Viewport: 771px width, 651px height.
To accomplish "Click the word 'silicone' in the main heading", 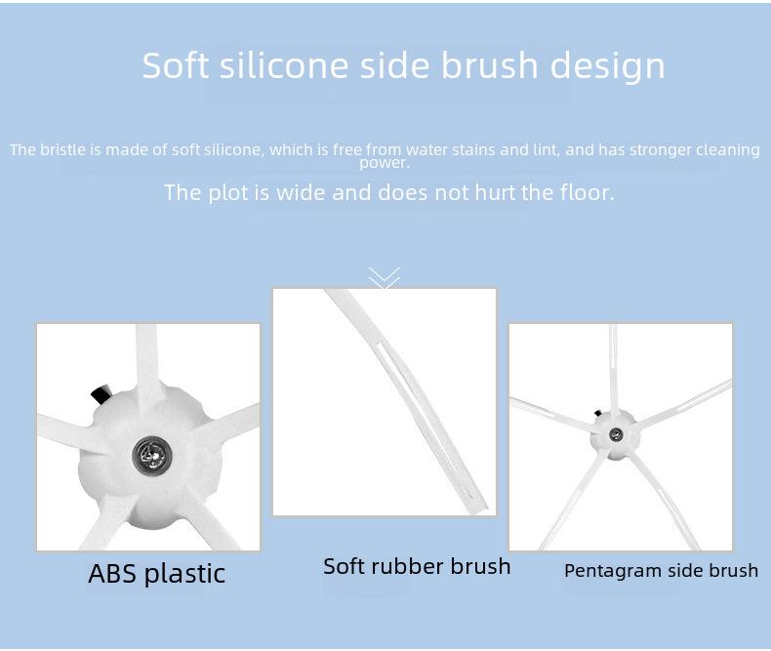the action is point(284,64).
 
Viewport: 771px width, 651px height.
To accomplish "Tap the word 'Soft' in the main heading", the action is point(175,64).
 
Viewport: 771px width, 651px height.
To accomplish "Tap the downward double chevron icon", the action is point(385,278).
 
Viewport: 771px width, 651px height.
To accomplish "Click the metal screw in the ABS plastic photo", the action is point(152,456).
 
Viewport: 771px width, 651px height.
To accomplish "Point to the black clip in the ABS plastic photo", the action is point(101,394).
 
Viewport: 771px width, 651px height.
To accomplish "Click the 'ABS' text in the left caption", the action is point(112,573).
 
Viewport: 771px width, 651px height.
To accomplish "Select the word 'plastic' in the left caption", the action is point(185,574).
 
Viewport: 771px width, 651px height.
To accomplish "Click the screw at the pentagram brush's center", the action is point(616,434).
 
